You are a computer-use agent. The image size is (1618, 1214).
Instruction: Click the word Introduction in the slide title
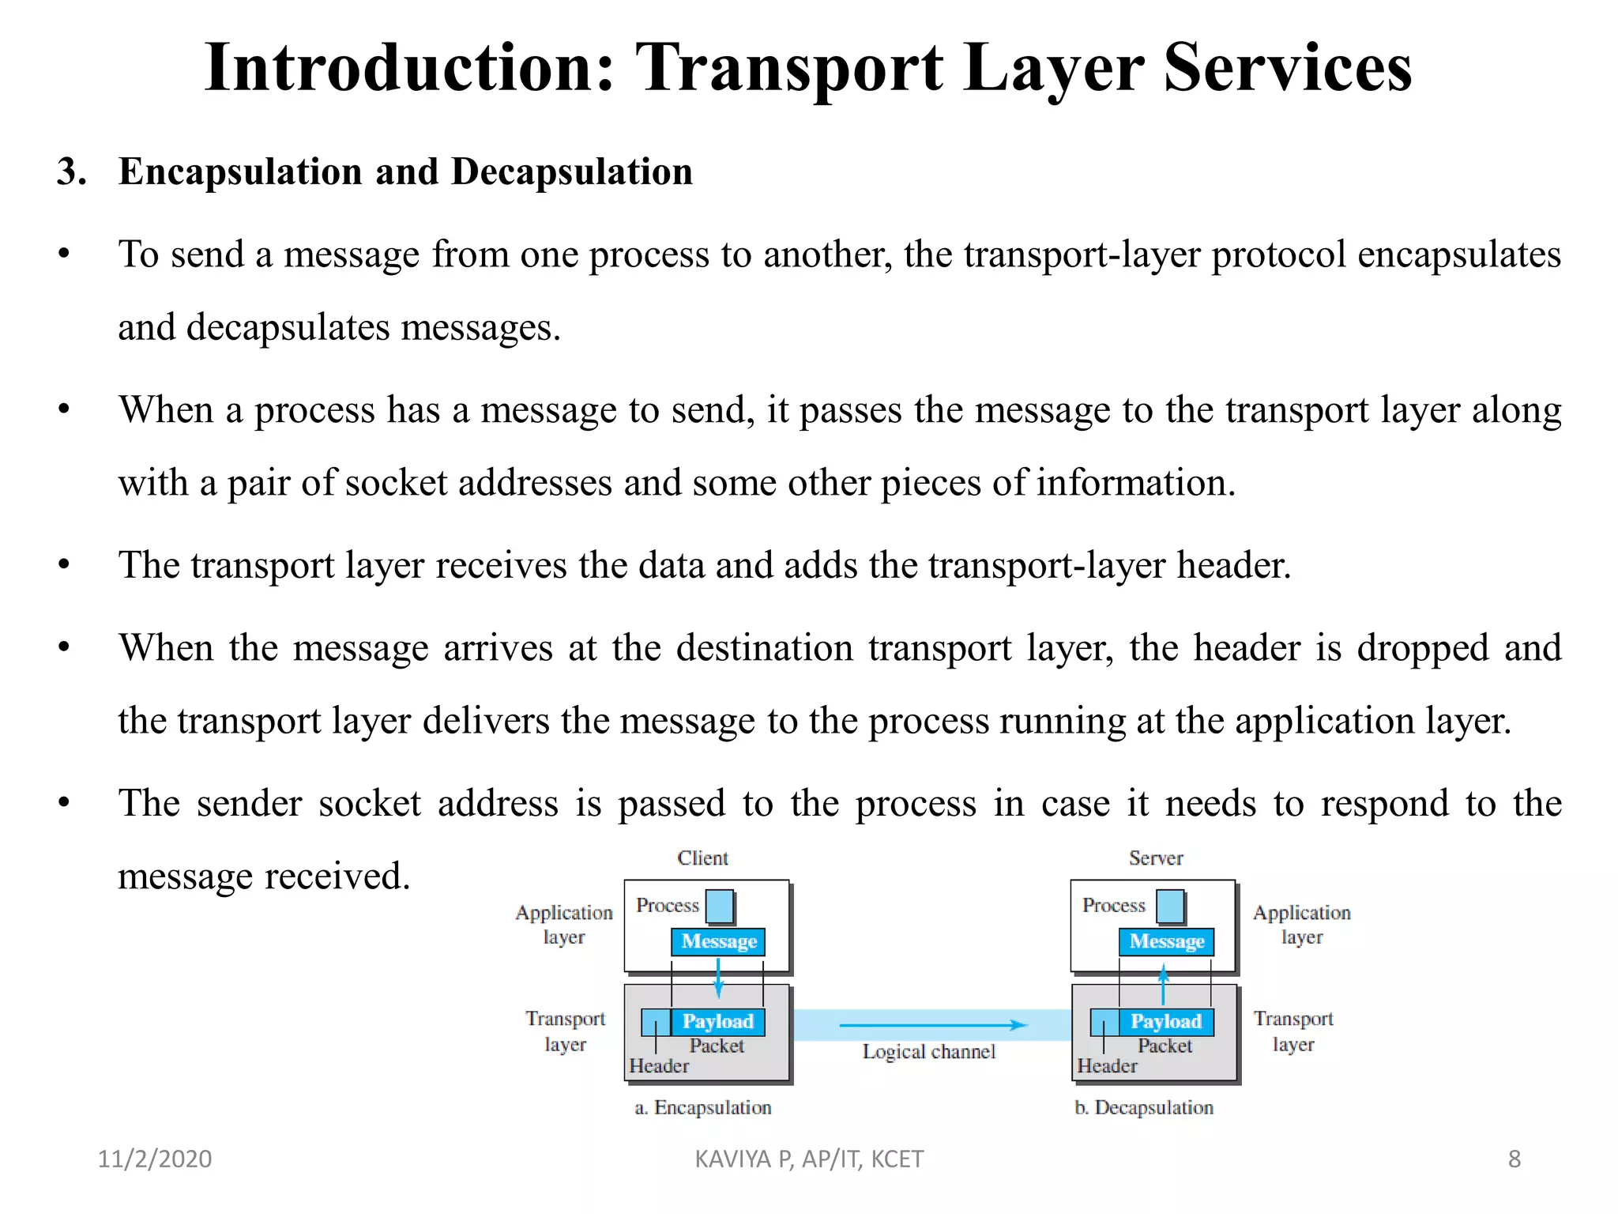tap(409, 68)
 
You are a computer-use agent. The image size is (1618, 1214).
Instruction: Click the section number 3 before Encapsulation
tap(70, 172)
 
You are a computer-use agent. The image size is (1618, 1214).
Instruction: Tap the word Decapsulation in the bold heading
tap(571, 172)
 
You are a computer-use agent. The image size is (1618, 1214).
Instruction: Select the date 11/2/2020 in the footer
tap(155, 1159)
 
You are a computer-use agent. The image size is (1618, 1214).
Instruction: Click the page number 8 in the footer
tap(1514, 1159)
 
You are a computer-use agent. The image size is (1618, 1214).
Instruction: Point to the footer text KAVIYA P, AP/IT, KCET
tap(809, 1159)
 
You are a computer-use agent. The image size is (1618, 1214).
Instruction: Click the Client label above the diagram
tap(702, 858)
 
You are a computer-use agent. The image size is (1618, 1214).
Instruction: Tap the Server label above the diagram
tap(1156, 858)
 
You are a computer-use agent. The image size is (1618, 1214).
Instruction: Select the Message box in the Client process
tap(718, 941)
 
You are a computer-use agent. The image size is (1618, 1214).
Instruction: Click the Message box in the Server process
tap(1166, 941)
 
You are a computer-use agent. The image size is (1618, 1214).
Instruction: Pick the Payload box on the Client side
tap(717, 1021)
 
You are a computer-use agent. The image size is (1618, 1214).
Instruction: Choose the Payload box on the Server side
tap(1165, 1021)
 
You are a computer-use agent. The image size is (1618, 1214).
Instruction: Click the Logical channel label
tap(928, 1052)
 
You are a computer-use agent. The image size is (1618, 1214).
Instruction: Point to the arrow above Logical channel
tap(932, 1025)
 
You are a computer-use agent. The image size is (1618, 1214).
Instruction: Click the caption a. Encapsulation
tap(703, 1107)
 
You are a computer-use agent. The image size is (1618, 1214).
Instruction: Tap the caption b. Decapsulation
tap(1144, 1107)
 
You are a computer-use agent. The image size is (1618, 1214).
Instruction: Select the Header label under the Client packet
tap(659, 1066)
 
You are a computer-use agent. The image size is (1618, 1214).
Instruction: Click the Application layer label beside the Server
tap(1301, 925)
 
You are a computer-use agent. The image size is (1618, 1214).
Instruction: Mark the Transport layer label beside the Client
tap(565, 1031)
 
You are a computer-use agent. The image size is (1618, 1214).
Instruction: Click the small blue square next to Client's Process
tap(720, 907)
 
